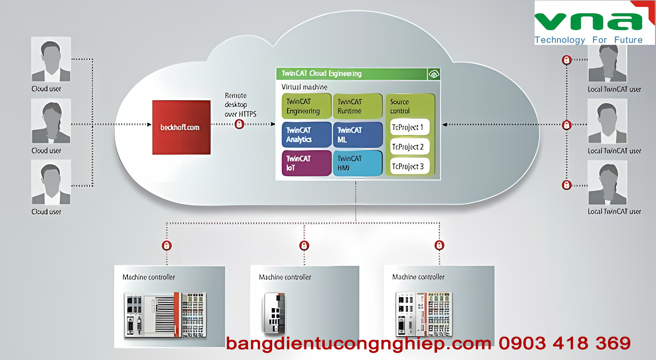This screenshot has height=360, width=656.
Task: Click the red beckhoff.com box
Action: [181, 127]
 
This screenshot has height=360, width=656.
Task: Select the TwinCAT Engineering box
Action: [306, 106]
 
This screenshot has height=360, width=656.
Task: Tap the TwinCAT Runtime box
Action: [357, 106]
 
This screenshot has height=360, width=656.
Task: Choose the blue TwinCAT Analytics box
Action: [306, 135]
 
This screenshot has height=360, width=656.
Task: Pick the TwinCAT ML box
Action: [357, 135]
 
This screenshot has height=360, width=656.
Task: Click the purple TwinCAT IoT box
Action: [306, 163]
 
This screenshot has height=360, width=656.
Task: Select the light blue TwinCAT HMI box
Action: [357, 163]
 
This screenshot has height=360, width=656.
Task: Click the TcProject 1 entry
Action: [410, 127]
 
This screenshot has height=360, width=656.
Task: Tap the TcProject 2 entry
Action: [410, 146]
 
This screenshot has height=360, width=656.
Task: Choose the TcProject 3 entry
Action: [410, 166]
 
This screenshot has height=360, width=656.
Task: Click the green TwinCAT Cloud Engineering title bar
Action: [351, 74]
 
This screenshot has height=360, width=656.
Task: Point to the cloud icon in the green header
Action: [434, 74]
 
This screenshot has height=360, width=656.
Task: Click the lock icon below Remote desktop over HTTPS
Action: [239, 124]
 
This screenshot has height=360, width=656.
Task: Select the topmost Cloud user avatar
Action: [51, 59]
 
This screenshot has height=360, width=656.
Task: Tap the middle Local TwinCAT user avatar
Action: [607, 121]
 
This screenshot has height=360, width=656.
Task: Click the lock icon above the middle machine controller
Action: [304, 245]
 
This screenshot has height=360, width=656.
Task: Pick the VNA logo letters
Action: [588, 21]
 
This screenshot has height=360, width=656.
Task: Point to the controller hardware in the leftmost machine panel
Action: [165, 315]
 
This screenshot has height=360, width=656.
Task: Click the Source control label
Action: [399, 106]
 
